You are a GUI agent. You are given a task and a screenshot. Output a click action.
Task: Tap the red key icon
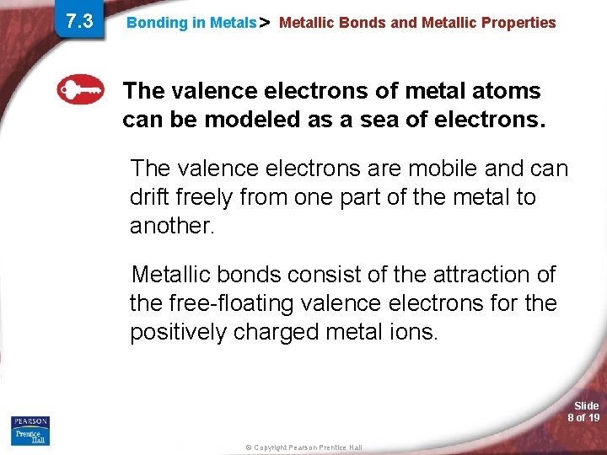[80, 89]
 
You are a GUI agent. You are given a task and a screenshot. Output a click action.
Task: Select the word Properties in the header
[518, 23]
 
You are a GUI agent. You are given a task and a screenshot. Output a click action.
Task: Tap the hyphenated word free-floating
[235, 303]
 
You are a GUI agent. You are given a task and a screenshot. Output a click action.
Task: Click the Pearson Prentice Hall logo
[30, 431]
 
